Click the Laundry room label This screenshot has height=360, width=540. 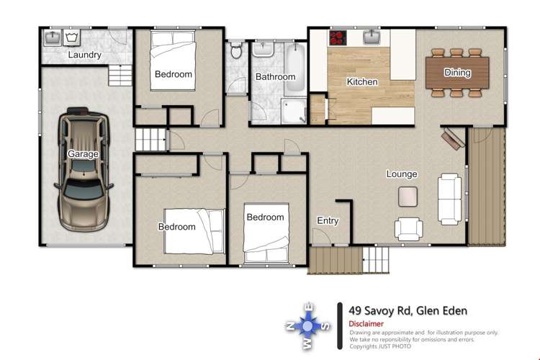pyautogui.click(x=84, y=55)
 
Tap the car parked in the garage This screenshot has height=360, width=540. pyautogui.click(x=84, y=168)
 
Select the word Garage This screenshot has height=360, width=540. pyautogui.click(x=83, y=154)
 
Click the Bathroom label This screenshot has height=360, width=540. pyautogui.click(x=275, y=77)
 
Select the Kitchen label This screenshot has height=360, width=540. pyautogui.click(x=361, y=82)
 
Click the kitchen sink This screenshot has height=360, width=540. pyautogui.click(x=372, y=37)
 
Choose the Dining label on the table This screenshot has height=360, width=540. pyautogui.click(x=457, y=72)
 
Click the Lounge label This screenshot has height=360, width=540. pyautogui.click(x=402, y=174)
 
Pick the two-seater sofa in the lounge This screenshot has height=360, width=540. pyautogui.click(x=451, y=199)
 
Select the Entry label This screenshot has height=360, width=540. pyautogui.click(x=328, y=221)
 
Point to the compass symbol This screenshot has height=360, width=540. pyautogui.click(x=309, y=326)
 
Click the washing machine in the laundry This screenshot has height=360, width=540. pyautogui.click(x=72, y=36)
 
